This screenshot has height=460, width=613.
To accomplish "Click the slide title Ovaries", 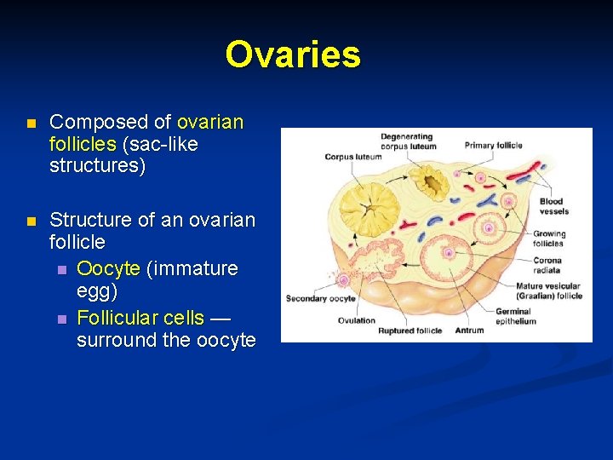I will click(293, 55).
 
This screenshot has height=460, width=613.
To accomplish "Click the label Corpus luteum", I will click(352, 157).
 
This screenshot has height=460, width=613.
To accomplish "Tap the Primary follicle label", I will click(493, 145).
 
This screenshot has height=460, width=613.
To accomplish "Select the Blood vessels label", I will click(553, 206).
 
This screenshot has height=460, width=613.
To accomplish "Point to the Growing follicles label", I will click(548, 239).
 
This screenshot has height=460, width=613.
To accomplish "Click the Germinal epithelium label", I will click(539, 317).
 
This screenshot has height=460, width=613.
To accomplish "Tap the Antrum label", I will click(469, 330).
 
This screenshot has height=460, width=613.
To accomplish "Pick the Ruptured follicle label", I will click(410, 331).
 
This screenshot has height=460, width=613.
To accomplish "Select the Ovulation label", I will click(356, 320).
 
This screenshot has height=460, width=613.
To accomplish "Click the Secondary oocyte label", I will click(320, 298).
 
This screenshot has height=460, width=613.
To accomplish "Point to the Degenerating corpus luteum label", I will click(408, 141).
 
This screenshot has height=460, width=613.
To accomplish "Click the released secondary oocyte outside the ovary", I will click(344, 278).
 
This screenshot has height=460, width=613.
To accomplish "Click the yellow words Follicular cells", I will click(140, 318).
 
